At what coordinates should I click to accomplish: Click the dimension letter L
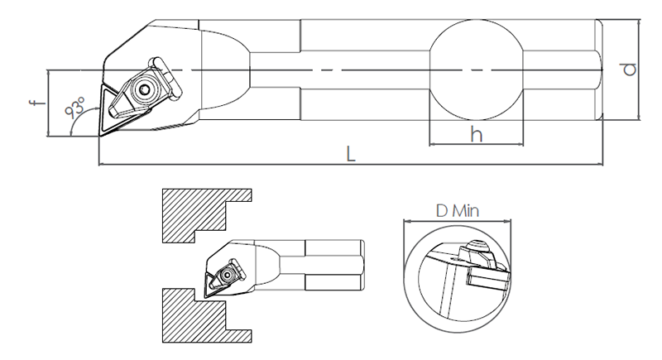350,154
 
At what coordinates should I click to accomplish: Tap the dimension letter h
477,134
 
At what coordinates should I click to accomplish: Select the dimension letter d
630,70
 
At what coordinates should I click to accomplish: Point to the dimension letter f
37,102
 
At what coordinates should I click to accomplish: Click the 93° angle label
75,107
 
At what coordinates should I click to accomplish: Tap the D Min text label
458,210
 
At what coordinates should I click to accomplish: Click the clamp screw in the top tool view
144,89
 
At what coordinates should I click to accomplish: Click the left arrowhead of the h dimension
433,144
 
